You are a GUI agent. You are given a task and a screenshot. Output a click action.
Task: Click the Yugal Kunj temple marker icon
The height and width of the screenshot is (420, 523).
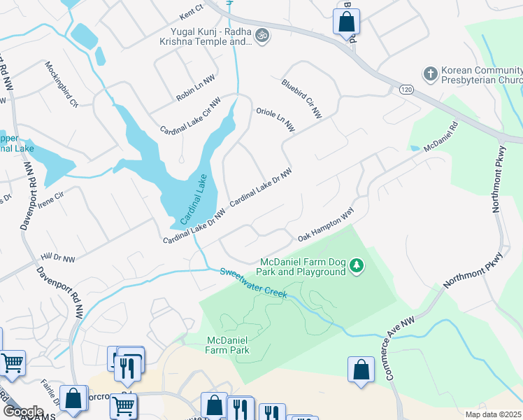tap(262, 35)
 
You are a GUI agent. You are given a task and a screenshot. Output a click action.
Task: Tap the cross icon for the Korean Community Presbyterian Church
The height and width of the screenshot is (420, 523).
tap(431, 73)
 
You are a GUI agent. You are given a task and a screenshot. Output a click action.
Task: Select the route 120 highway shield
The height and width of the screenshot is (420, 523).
tap(406, 90)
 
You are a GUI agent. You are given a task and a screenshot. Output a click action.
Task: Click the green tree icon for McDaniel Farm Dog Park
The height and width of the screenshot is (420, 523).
tap(357, 265)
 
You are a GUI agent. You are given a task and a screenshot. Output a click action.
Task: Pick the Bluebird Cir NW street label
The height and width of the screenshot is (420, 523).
tap(301, 99)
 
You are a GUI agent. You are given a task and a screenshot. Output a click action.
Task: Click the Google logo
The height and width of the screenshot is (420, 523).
tap(23, 411)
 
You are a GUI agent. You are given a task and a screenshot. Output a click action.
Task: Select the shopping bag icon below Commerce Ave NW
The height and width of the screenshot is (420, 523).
tap(361, 370)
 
